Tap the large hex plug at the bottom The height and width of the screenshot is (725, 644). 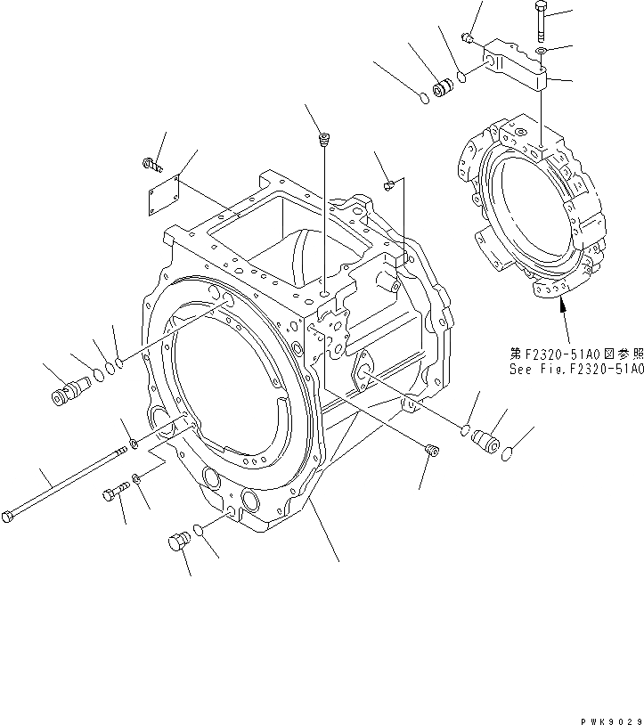(178, 542)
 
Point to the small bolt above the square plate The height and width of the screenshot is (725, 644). (152, 163)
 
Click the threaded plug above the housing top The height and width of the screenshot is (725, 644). (326, 139)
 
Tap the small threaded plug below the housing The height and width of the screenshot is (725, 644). (432, 450)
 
